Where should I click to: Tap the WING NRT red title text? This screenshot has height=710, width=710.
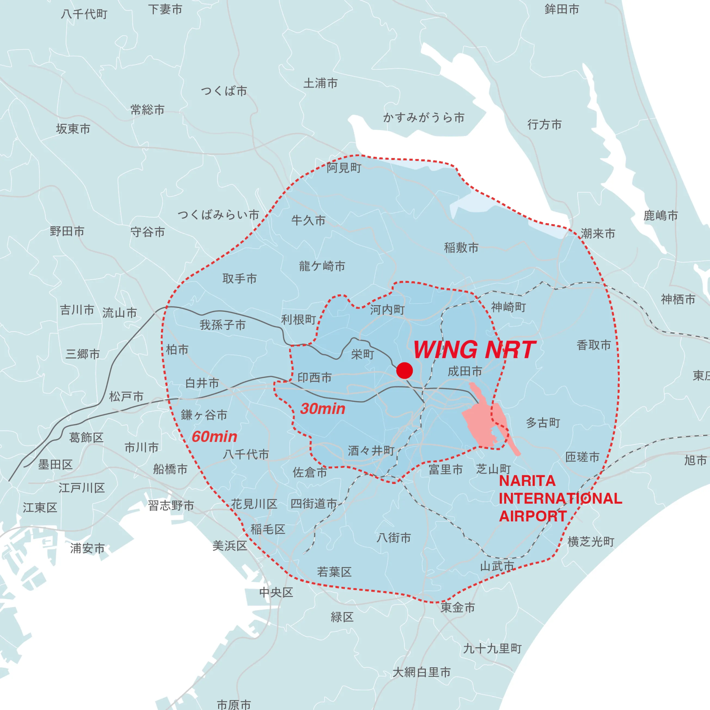pyautogui.click(x=474, y=350)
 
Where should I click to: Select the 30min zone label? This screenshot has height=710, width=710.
pyautogui.click(x=323, y=409)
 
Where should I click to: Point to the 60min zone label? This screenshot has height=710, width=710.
pyautogui.click(x=214, y=437)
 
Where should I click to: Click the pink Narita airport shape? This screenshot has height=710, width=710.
pyautogui.click(x=481, y=419)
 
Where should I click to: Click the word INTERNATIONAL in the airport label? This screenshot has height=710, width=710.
pyautogui.click(x=560, y=499)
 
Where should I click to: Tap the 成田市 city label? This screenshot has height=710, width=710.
pyautogui.click(x=465, y=371)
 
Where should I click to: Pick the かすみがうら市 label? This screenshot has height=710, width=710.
pyautogui.click(x=424, y=118)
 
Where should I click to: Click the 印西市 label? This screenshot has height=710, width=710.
pyautogui.click(x=314, y=377)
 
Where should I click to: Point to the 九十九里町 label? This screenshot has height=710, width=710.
pyautogui.click(x=492, y=649)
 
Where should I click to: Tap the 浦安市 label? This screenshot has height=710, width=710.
pyautogui.click(x=88, y=548)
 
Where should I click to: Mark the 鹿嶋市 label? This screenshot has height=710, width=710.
pyautogui.click(x=660, y=216)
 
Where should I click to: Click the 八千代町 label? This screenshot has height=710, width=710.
pyautogui.click(x=84, y=14)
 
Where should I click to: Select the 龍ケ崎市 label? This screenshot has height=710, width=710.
pyautogui.click(x=322, y=266)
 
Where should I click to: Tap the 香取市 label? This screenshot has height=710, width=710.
pyautogui.click(x=594, y=345)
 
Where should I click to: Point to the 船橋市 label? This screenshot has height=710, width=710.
pyautogui.click(x=170, y=469)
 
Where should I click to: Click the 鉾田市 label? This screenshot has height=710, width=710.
pyautogui.click(x=561, y=9)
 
